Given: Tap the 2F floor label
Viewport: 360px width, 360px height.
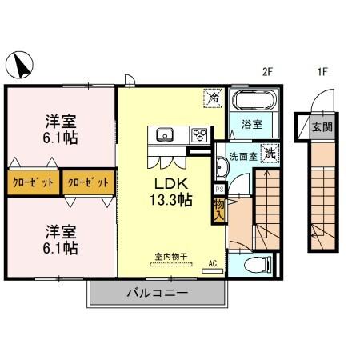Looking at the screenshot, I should (x=268, y=72).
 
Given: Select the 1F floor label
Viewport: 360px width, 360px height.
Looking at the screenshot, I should (x=323, y=72).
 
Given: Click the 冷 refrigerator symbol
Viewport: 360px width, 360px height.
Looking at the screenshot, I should (x=214, y=98).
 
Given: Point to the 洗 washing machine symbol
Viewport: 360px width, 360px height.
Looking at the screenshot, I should (x=271, y=154).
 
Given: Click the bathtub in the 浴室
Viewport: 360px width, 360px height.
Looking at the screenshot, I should (x=254, y=103).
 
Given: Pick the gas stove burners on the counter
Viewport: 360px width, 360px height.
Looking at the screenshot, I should (x=198, y=134).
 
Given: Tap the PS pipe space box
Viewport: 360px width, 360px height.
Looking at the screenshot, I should (x=219, y=190).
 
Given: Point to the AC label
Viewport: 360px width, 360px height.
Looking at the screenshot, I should (x=213, y=262).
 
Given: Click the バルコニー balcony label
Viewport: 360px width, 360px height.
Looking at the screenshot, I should (x=157, y=293).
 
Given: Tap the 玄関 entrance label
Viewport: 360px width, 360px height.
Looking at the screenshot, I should (x=322, y=127).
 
